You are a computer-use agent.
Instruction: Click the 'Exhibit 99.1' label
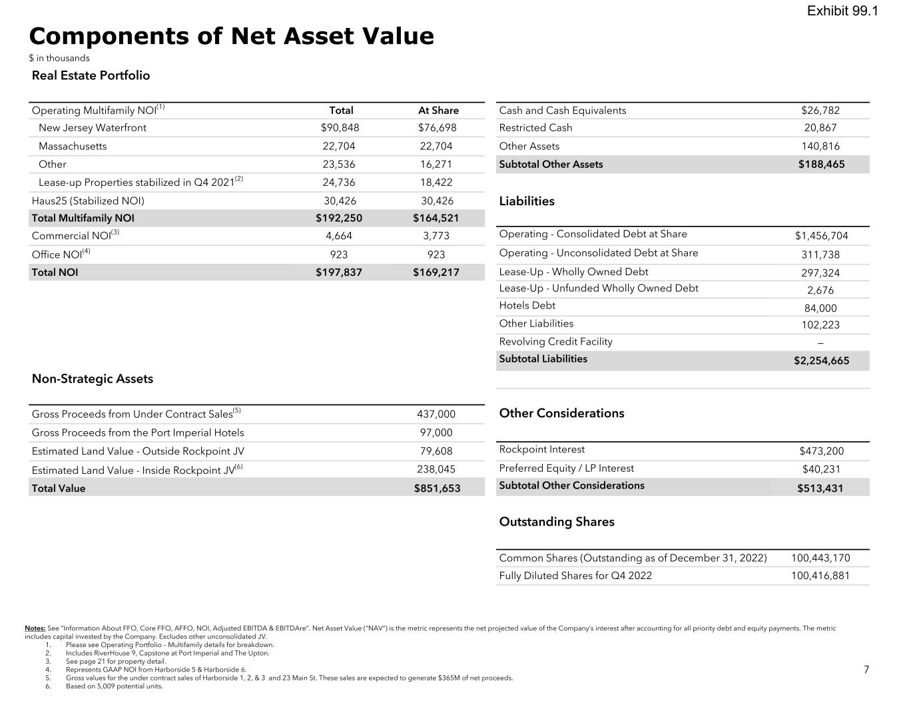[x=842, y=11]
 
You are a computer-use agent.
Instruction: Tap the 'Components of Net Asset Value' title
[x=231, y=36]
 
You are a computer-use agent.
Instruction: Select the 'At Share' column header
[x=438, y=111]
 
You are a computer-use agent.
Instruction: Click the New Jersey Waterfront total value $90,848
[x=340, y=128]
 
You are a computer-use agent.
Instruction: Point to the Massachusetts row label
[x=73, y=147]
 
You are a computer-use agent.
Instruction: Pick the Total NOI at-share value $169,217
[x=436, y=273]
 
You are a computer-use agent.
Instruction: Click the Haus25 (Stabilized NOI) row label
[x=88, y=201]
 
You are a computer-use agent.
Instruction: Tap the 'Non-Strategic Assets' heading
[x=93, y=379]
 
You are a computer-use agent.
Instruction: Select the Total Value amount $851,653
[x=437, y=488]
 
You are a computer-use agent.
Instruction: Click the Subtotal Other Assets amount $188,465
[x=821, y=165]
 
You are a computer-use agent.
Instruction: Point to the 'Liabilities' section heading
[x=527, y=201]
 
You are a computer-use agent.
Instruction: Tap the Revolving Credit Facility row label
[x=555, y=342]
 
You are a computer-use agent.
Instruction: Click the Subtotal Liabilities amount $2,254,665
[x=821, y=361]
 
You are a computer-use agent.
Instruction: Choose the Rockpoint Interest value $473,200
[x=821, y=451]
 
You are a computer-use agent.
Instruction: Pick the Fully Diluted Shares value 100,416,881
[x=820, y=576]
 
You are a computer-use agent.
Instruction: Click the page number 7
[x=866, y=670]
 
